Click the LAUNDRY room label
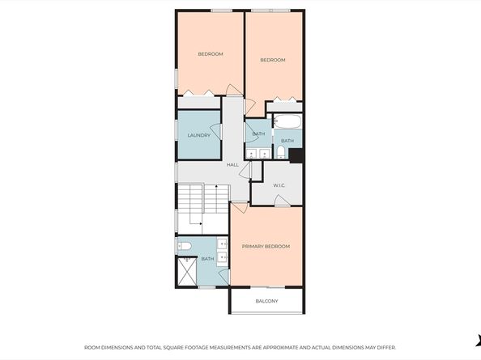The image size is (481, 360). pos(198,135)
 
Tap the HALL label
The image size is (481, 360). pos(232,165)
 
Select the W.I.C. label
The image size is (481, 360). pos(279,185)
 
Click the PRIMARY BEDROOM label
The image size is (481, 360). pos(266,246)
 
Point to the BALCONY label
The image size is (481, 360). pos(267,301)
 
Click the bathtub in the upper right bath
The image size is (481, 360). pos(287,121)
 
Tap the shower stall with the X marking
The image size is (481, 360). pos(187,271)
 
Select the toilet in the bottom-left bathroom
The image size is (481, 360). pos(185,246)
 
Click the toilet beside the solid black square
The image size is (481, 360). pos(281,152)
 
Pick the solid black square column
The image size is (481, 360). pos(296,155)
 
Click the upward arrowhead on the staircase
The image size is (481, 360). pos(216,186)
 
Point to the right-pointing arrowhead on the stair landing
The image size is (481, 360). pos(201,223)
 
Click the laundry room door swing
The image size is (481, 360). pos(216,131)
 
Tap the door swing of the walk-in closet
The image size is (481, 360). pos(282,201)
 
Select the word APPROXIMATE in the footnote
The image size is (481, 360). pos(283,347)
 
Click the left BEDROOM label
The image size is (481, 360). pos(211,54)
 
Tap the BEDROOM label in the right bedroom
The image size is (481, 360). pos(273,60)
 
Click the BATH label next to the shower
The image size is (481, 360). pos(207,259)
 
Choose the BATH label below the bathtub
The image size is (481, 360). pos(287,141)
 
